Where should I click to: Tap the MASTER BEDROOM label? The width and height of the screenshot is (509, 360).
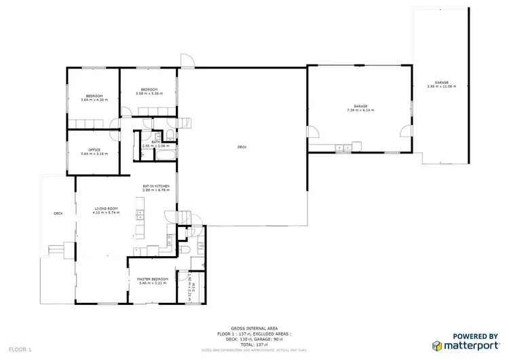tap(152, 279)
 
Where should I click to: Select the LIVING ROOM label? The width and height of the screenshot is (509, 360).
tap(106, 209)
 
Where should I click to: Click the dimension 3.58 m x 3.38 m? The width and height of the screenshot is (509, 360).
tap(149, 94)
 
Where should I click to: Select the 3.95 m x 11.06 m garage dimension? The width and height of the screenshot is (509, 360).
tap(442, 86)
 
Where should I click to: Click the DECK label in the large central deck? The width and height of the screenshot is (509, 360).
tap(242, 147)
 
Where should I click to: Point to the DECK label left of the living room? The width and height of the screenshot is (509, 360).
tap(58, 213)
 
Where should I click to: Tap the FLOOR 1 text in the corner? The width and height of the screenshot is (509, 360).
tap(21, 349)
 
